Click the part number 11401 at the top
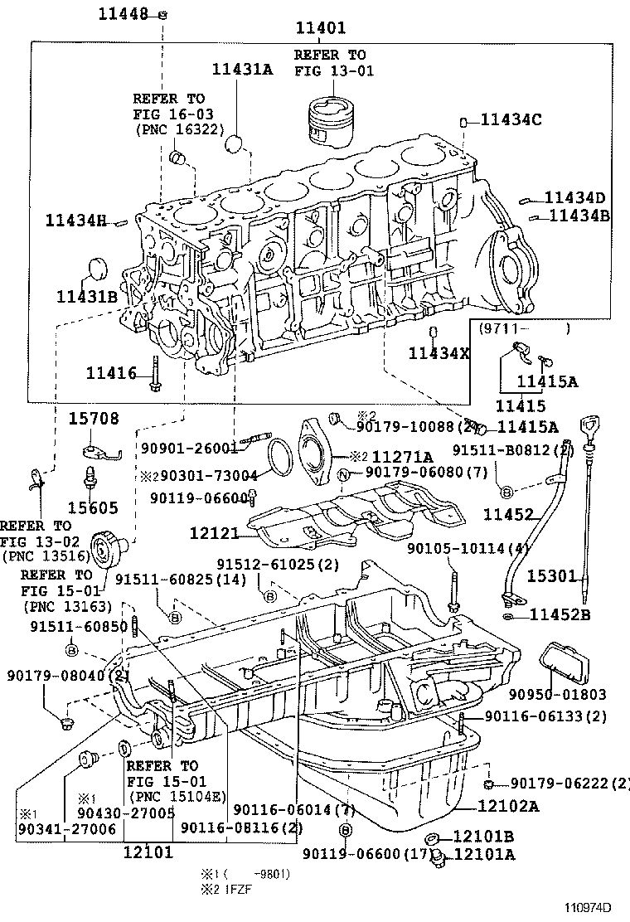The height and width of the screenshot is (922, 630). [x=321, y=28]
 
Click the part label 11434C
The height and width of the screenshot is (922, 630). [x=511, y=120]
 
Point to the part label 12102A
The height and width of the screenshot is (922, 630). [x=507, y=804]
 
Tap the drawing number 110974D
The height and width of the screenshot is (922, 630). [x=589, y=908]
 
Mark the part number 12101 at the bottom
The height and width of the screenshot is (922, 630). [x=148, y=851]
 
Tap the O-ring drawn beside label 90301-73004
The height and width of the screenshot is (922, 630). [x=279, y=455]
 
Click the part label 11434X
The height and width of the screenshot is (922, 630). [x=439, y=353]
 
